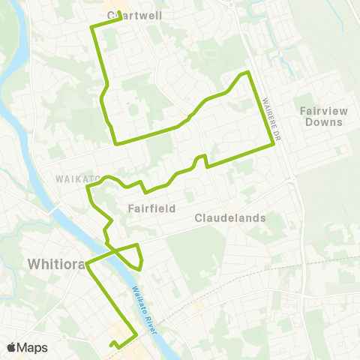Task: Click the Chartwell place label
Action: click(135, 14)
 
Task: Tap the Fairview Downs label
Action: click(324, 116)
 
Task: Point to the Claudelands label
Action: click(230, 218)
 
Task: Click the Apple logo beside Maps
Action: click(11, 347)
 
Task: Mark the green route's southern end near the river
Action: click(112, 345)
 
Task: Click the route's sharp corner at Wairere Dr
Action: click(274, 145)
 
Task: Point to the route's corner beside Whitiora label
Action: click(88, 264)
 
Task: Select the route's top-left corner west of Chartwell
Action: click(91, 27)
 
